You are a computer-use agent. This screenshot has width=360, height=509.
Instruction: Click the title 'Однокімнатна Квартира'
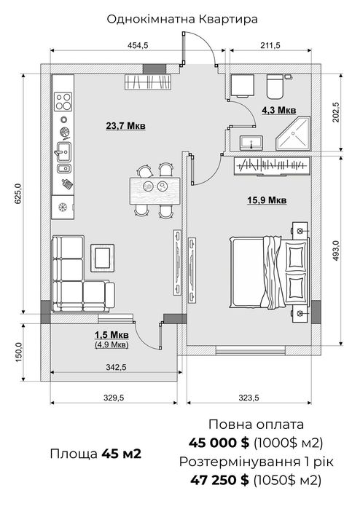tap(182, 19)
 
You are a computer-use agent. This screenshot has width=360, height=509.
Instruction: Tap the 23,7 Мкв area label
tap(126, 125)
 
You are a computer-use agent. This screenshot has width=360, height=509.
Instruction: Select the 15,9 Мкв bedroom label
tap(267, 200)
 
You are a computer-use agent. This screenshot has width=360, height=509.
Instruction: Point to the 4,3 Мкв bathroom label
tap(279, 111)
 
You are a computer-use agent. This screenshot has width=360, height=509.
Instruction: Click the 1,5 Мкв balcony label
tap(111, 334)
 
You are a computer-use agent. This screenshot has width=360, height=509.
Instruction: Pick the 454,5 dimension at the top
tap(138, 45)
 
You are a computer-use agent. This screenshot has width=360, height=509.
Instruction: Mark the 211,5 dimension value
tap(270, 45)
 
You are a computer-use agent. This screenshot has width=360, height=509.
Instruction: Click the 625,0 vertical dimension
tap(18, 194)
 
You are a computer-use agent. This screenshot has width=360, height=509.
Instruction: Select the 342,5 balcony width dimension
tap(116, 367)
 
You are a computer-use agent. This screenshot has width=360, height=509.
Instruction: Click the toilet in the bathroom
tap(275, 87)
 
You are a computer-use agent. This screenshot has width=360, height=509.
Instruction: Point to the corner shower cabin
tap(293, 133)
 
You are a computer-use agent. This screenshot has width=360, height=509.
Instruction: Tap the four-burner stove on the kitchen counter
tap(63, 102)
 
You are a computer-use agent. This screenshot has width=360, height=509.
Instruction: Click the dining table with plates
tap(155, 191)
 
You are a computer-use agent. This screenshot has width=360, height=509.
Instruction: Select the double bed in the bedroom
tap(270, 272)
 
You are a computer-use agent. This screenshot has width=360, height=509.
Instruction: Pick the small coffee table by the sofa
tap(102, 258)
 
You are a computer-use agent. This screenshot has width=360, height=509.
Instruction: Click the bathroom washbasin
tap(251, 143)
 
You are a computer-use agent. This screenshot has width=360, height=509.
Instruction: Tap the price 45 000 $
tap(219, 443)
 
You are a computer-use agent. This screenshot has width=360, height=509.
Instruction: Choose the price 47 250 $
tap(219, 480)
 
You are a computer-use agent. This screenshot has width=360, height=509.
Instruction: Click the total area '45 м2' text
tap(122, 454)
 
